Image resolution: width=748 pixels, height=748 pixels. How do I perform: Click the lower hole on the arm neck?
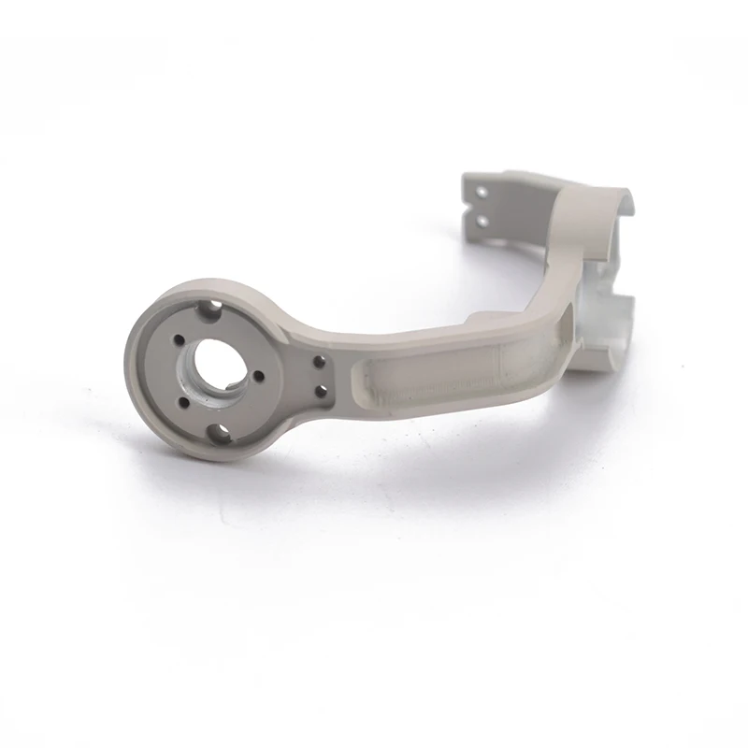[321, 390]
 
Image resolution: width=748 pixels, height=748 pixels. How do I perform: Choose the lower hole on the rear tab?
[482, 221]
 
